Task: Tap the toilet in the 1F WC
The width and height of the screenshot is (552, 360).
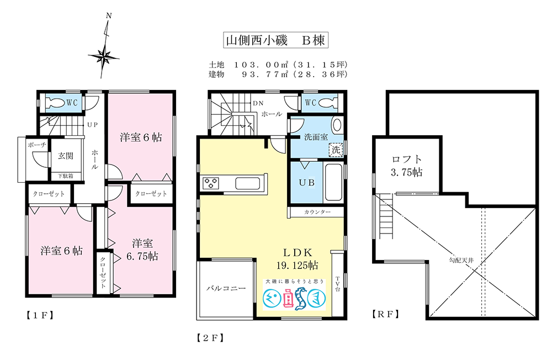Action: tap(55, 103)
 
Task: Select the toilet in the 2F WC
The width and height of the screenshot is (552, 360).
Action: tap(325, 103)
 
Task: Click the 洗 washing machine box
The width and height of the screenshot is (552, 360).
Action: tap(335, 149)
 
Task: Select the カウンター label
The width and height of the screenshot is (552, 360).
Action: tap(317, 212)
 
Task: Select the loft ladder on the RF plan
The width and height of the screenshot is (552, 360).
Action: tap(386, 218)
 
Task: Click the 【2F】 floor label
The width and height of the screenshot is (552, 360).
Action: tap(210, 337)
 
